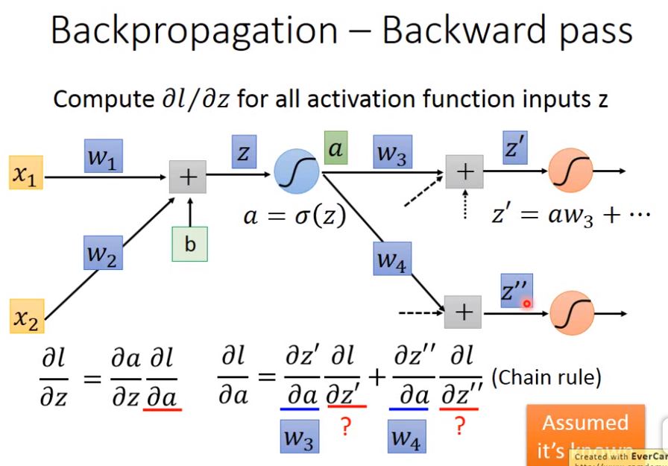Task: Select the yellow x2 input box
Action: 27,317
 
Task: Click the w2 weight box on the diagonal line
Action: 103,255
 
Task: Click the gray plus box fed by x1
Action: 188,176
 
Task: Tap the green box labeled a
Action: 335,149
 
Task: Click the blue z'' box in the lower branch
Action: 516,289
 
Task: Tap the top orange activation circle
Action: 571,171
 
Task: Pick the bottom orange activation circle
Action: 573,312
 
